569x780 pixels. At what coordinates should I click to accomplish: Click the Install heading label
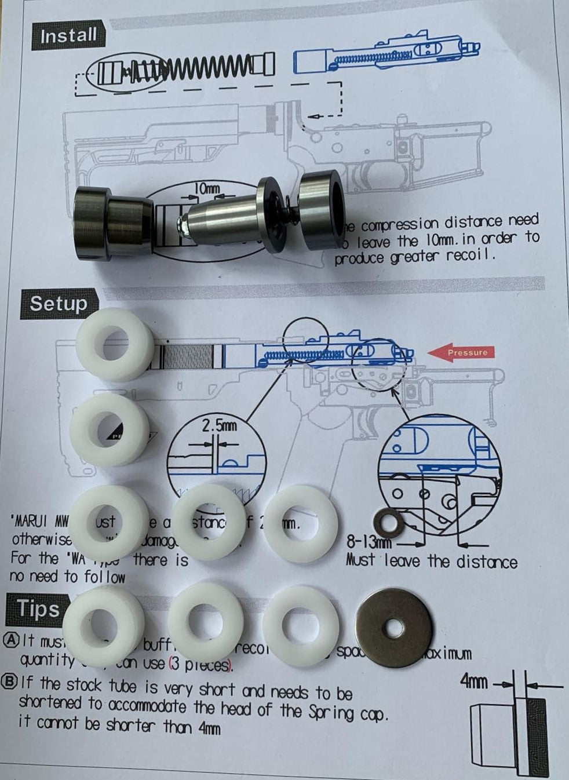(x=68, y=36)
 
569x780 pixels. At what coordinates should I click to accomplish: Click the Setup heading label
(x=59, y=303)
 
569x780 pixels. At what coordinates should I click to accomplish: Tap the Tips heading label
(x=38, y=609)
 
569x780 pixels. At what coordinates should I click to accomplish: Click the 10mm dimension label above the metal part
(x=206, y=188)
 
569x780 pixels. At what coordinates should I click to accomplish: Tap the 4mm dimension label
(x=473, y=681)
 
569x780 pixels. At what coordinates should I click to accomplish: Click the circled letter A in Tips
(x=10, y=640)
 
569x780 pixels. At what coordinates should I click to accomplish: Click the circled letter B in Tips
(x=10, y=683)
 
